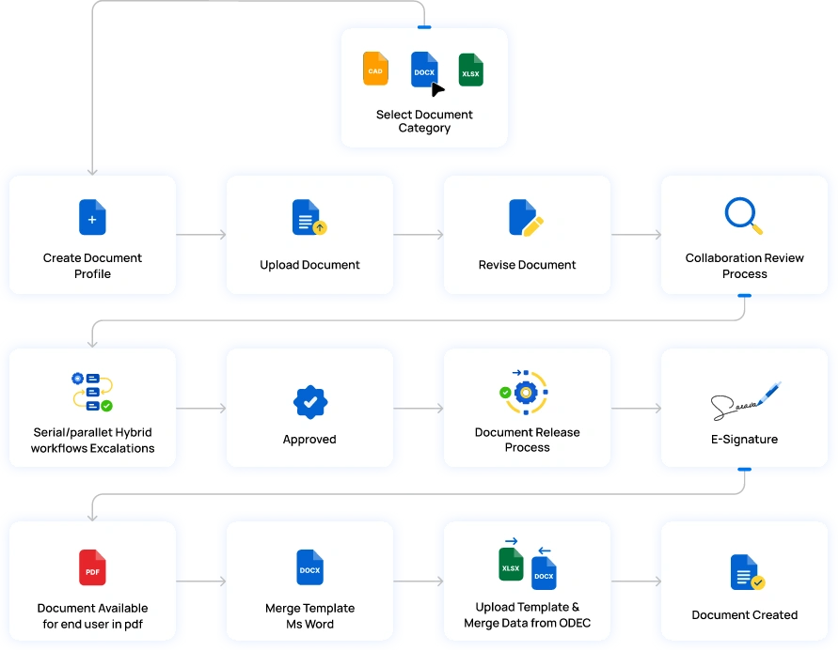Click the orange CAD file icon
tap(375, 70)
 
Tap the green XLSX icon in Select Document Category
tap(470, 70)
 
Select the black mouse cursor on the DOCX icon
tap(437, 89)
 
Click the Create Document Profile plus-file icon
tap(92, 217)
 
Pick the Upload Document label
tap(309, 265)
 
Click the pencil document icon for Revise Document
tap(526, 217)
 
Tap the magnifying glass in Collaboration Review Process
tap(744, 215)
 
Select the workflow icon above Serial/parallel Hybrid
tap(92, 392)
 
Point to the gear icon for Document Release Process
tap(525, 393)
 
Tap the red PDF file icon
tap(92, 567)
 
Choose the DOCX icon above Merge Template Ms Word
tap(309, 567)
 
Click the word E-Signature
tap(744, 439)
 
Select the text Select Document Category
tap(424, 121)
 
